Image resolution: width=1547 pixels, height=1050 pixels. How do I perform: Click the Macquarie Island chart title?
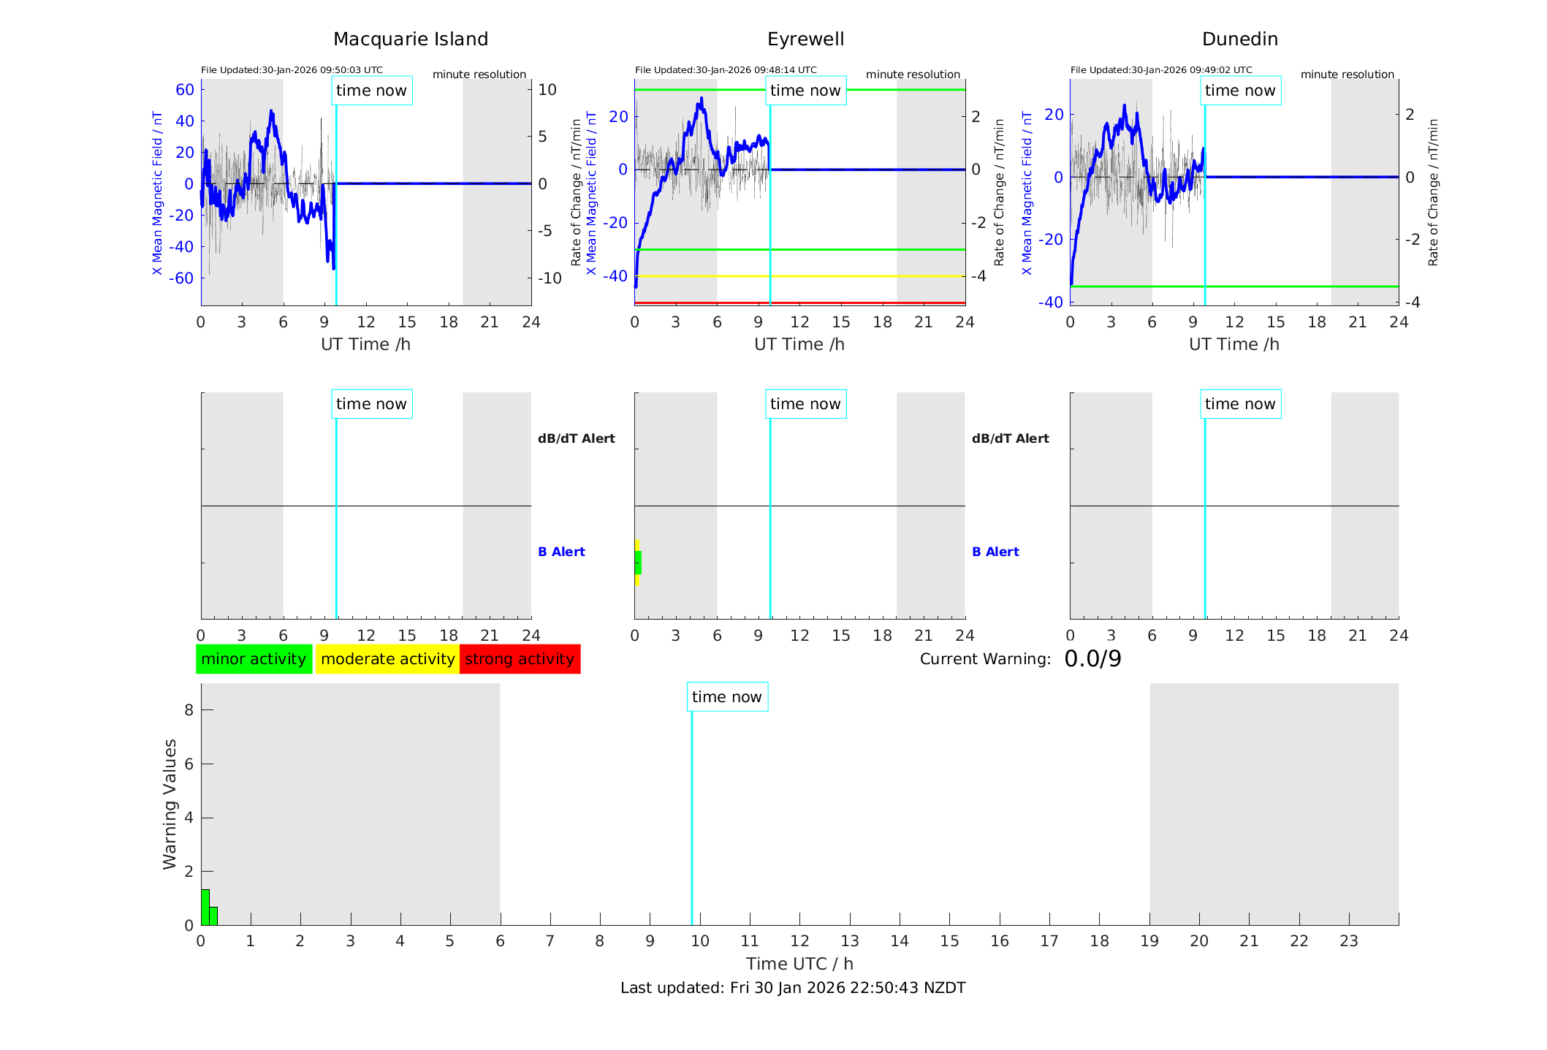tap(410, 39)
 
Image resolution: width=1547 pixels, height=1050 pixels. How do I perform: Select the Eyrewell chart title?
tap(805, 39)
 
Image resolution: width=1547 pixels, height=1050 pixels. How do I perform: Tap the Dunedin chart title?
tap(1239, 39)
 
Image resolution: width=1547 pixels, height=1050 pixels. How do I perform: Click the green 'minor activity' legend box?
tap(254, 659)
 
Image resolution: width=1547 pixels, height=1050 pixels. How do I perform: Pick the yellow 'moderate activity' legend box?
tap(387, 659)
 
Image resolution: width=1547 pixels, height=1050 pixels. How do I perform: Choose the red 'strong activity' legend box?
tap(520, 659)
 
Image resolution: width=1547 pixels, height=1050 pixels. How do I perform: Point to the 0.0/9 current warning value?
tap(1092, 659)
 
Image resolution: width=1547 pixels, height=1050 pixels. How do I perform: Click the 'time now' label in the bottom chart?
tap(726, 697)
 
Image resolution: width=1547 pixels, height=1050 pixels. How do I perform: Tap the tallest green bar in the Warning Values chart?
tap(205, 907)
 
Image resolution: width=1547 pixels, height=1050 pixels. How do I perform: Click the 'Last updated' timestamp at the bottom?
tap(793, 988)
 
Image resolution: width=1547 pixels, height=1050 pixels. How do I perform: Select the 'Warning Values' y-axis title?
tap(170, 804)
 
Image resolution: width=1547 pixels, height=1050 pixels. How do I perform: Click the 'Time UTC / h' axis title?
tap(799, 964)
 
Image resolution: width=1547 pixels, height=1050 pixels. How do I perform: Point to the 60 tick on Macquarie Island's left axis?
tap(185, 90)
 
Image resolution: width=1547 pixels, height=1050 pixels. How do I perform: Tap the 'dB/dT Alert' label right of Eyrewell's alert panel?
tap(1010, 438)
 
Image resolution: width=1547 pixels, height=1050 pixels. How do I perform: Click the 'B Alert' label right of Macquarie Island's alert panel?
tap(561, 552)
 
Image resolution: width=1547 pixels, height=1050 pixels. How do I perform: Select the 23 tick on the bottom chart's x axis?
tap(1348, 941)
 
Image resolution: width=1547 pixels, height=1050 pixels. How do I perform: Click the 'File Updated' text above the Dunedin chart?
tap(1161, 70)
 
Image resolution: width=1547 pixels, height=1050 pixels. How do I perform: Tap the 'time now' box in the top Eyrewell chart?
tap(805, 91)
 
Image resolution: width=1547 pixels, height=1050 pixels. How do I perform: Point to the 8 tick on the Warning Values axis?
tap(189, 709)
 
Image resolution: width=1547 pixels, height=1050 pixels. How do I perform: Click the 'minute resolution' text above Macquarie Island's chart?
tap(479, 75)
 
